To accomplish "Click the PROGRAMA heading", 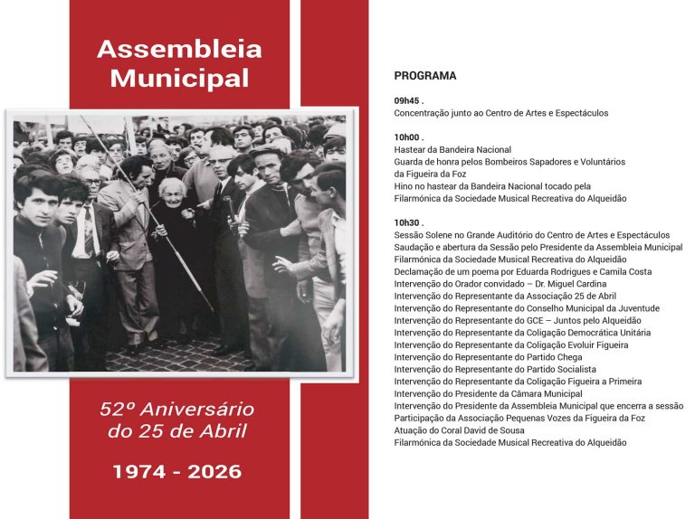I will click(x=425, y=76).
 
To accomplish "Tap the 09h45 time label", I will click(x=408, y=100).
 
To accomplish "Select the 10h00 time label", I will click(x=408, y=137).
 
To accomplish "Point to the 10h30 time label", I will click(x=408, y=222).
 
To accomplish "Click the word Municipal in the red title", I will click(x=179, y=78).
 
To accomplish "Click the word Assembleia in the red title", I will click(x=179, y=49).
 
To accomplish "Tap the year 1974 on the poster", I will click(x=142, y=471).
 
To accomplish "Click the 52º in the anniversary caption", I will click(x=119, y=410).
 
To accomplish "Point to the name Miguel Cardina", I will click(x=575, y=284).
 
